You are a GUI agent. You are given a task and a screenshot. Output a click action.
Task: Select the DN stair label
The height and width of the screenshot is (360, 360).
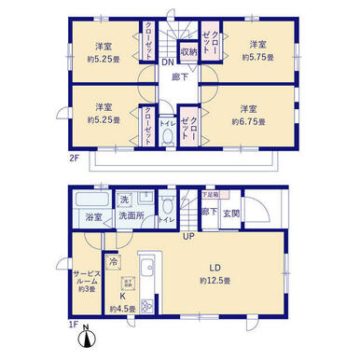point(165,63)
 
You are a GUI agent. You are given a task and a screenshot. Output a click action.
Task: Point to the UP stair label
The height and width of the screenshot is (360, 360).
point(187,235)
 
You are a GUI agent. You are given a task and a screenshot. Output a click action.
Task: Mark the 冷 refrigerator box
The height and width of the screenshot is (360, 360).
point(113,262)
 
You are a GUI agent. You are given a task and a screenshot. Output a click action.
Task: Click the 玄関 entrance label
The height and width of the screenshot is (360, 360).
point(230,212)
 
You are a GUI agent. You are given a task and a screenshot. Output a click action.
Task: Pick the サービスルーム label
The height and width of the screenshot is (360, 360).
point(87,278)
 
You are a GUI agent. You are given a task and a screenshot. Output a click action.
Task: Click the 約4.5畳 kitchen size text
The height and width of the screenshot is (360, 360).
point(121,309)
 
